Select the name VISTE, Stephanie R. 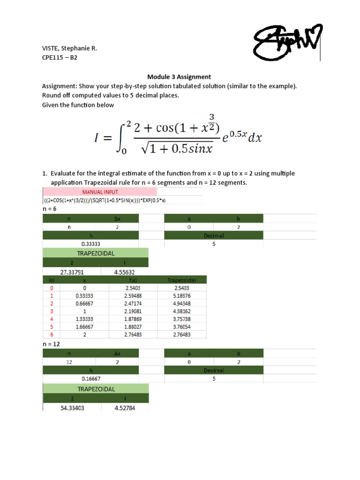(70, 48)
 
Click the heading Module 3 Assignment (179, 76)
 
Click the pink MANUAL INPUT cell (100, 192)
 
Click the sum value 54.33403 (72, 408)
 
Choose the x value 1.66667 (84, 326)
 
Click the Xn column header (52, 280)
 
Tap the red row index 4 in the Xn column (52, 319)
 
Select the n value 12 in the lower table (69, 362)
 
